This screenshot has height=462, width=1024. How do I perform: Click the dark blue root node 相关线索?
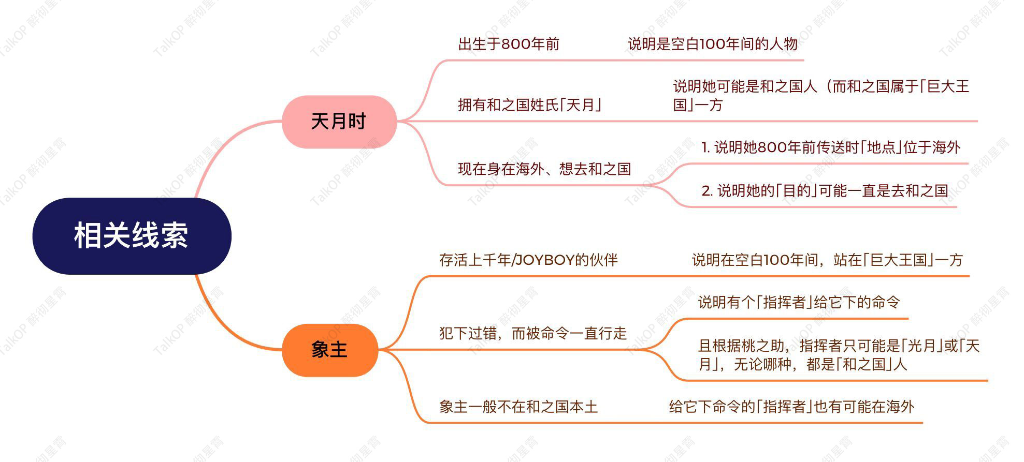point(132,236)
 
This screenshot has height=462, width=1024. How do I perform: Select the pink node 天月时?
point(339,122)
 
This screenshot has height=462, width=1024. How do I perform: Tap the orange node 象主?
point(329,350)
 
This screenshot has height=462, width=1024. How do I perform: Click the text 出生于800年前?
point(509,44)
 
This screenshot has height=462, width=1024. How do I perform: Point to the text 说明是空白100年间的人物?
point(713,44)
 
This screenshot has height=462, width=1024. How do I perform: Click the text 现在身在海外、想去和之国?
point(544,169)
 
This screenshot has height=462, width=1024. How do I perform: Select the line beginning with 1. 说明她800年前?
point(831,147)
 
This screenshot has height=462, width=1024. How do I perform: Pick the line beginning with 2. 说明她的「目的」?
point(825,191)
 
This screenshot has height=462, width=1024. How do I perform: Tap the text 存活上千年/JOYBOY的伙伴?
point(529,260)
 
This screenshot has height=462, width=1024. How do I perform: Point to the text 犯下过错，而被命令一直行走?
point(533,333)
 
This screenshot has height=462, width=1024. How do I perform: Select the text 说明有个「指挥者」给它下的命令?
point(799,302)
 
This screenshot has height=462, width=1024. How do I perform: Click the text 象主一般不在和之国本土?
point(518,407)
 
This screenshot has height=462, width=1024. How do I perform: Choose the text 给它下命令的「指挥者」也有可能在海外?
point(792,407)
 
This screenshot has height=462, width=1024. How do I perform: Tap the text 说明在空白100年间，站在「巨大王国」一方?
point(828,260)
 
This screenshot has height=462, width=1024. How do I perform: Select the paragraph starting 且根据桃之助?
point(839,355)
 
